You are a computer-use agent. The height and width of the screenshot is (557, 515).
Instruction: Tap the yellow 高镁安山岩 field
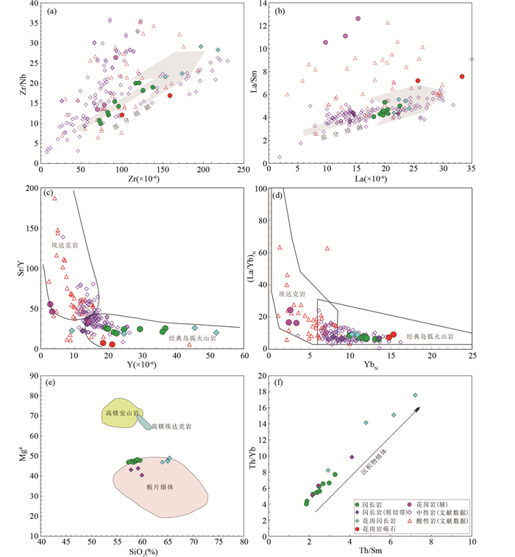tap(121, 414)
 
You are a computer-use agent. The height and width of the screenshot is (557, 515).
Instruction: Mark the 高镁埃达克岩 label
tap(171, 426)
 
